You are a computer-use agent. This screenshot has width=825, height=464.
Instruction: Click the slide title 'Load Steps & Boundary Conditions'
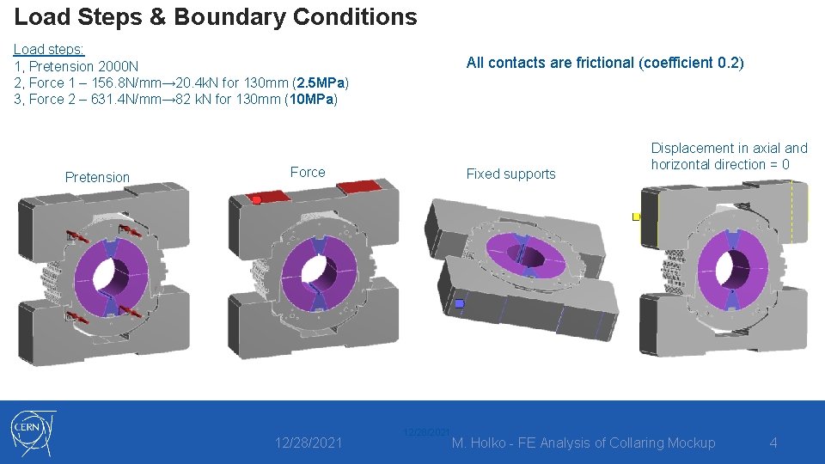(x=216, y=16)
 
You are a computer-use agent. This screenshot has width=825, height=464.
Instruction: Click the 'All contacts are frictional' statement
(x=604, y=63)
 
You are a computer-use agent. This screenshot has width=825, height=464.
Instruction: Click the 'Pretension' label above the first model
(x=97, y=177)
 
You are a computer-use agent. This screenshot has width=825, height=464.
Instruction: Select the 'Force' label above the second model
(x=308, y=172)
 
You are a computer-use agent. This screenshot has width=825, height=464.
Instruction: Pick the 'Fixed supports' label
(x=510, y=174)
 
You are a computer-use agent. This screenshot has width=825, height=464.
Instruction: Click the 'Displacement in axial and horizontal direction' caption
(x=729, y=156)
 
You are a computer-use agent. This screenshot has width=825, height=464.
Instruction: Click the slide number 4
(x=773, y=443)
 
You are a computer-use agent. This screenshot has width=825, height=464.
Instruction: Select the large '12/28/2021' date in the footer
(x=309, y=443)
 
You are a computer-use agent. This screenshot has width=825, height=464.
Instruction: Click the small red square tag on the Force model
(x=256, y=200)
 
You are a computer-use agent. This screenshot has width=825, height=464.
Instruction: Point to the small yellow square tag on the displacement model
(x=636, y=217)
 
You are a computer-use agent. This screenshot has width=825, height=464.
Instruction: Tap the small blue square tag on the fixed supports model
(x=460, y=303)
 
